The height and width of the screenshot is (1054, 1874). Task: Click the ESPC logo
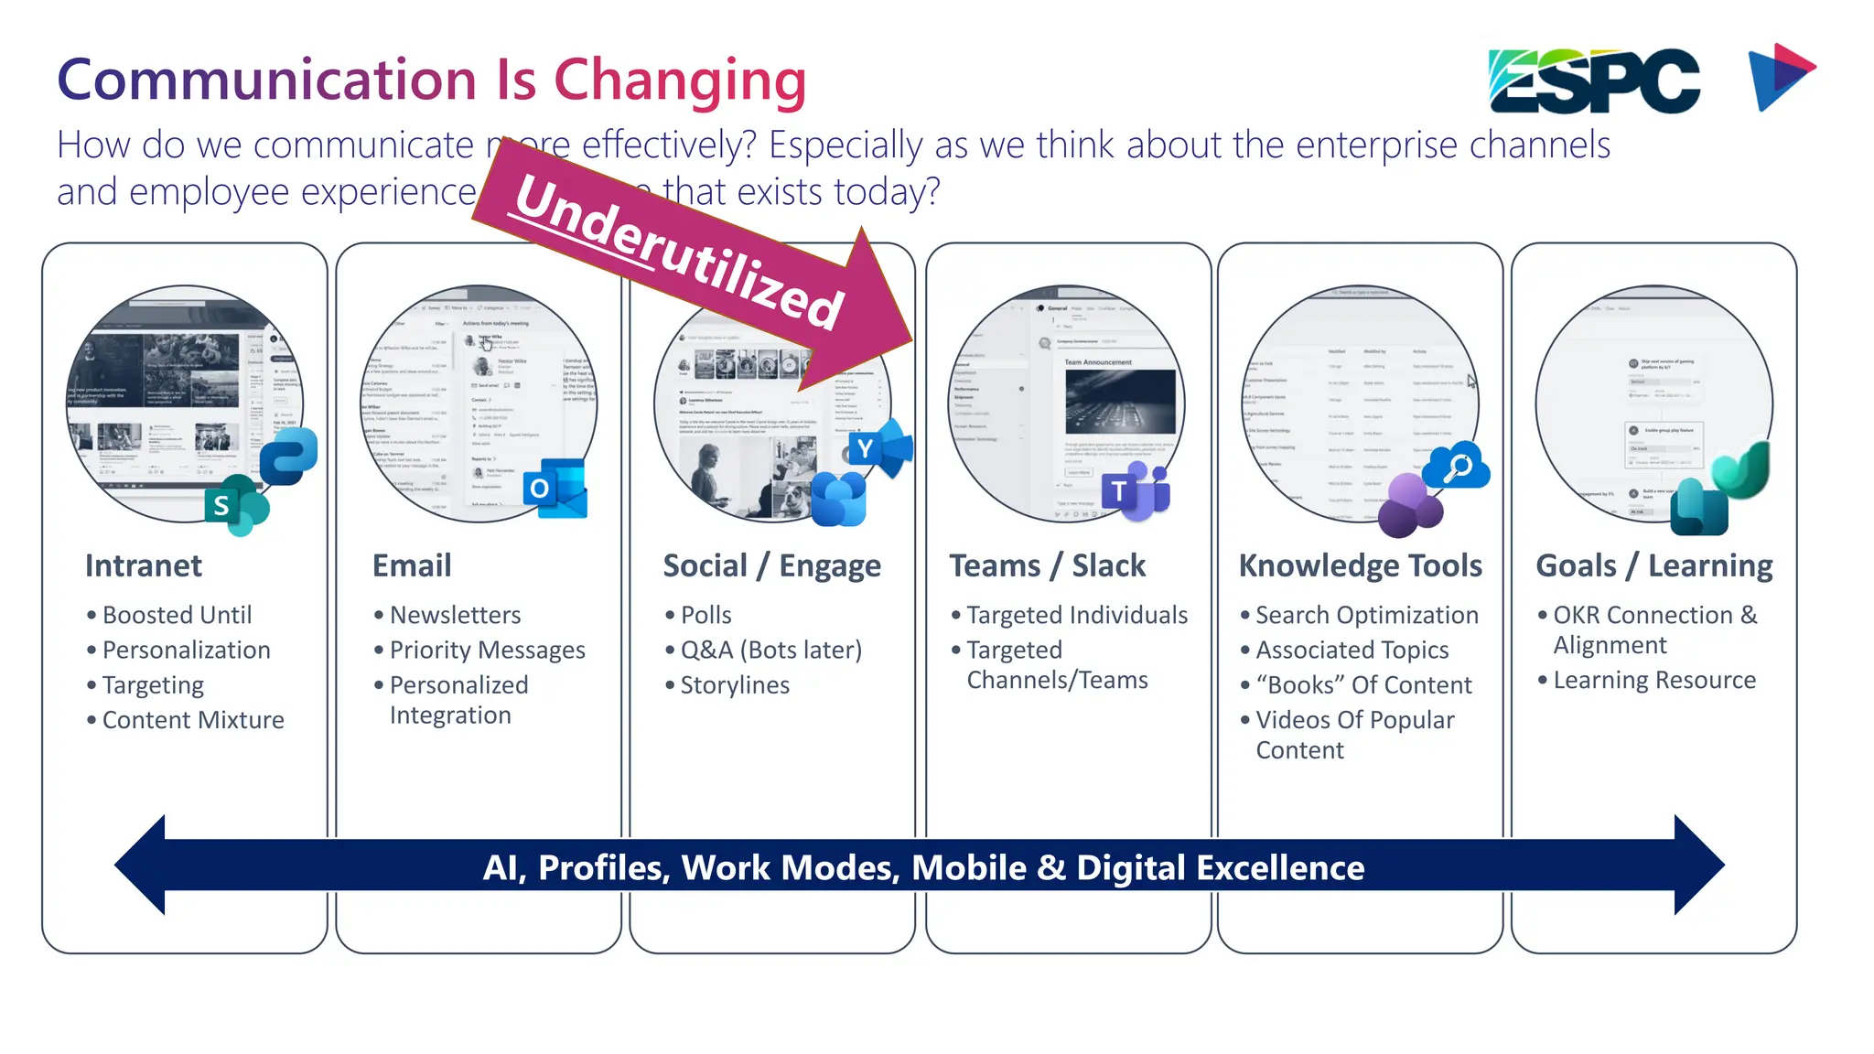[1594, 81]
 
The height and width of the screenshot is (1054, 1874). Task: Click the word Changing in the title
[680, 81]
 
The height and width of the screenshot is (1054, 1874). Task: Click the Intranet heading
[144, 565]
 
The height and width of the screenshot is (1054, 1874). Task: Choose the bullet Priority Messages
[487, 650]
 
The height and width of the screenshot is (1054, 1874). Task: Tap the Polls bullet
[705, 615]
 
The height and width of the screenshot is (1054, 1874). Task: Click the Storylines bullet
[734, 685]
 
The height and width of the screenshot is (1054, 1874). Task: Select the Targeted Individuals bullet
[1076, 615]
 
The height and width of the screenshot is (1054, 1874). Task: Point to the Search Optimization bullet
[1366, 615]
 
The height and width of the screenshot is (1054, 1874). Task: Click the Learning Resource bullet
[1653, 680]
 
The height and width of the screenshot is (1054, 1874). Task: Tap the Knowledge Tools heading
[1360, 565]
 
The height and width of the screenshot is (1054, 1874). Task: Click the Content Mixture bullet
[192, 720]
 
